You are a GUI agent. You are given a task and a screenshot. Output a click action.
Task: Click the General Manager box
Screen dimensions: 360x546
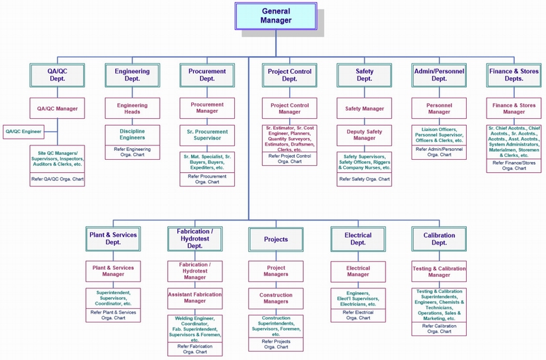[276, 16]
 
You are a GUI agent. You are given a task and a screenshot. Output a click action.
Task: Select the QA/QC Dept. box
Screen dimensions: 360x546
[57, 74]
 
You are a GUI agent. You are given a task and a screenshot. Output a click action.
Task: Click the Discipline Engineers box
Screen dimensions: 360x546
[132, 133]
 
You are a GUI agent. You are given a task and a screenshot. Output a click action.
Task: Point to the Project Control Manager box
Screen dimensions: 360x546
[289, 109]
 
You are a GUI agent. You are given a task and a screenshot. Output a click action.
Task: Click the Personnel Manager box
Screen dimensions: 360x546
[439, 109]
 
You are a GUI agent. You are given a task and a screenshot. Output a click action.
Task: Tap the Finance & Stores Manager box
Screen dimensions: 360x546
[514, 109]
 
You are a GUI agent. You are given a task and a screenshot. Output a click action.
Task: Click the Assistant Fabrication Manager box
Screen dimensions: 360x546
[195, 297]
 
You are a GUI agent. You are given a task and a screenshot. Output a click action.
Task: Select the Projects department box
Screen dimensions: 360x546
[276, 239]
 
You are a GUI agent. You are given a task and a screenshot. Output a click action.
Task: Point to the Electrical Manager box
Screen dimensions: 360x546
[358, 271]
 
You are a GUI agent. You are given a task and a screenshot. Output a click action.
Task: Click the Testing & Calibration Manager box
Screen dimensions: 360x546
[439, 271]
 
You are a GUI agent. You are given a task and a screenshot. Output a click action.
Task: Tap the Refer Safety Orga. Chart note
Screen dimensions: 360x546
[364, 180]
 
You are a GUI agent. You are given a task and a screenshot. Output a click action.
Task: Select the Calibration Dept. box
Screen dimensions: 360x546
[439, 238]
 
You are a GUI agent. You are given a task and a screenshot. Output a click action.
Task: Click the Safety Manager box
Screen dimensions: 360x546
[364, 109]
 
